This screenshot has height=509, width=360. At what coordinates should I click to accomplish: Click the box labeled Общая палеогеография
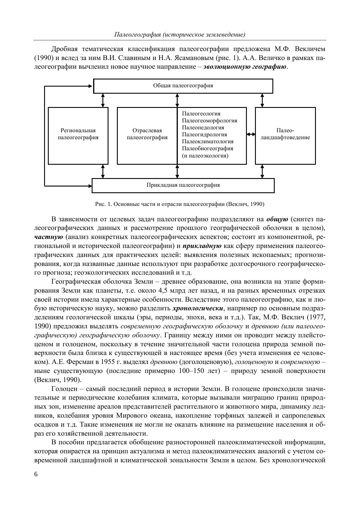tap(183, 86)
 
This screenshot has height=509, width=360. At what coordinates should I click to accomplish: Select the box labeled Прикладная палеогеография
tap(183, 185)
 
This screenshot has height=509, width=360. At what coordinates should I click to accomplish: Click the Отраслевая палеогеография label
tap(147, 134)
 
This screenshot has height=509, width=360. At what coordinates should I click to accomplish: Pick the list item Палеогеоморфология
tap(209, 121)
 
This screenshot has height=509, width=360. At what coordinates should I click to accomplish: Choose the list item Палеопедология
tap(203, 128)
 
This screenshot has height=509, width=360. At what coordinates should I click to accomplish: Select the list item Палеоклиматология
tap(208, 142)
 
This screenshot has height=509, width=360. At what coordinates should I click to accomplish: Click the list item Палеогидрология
tap(205, 135)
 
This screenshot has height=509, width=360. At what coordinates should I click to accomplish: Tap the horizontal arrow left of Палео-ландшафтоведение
tap(251, 134)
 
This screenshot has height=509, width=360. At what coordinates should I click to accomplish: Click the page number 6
tap(36, 474)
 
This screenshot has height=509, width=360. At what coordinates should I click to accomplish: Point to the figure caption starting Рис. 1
tap(180, 204)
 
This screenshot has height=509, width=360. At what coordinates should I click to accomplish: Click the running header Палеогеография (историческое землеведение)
tap(180, 35)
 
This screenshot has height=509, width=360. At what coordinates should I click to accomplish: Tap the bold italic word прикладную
tap(202, 246)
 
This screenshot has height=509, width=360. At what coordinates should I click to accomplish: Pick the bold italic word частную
tap(48, 237)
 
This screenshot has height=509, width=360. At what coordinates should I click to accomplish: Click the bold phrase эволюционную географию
tap(245, 67)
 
